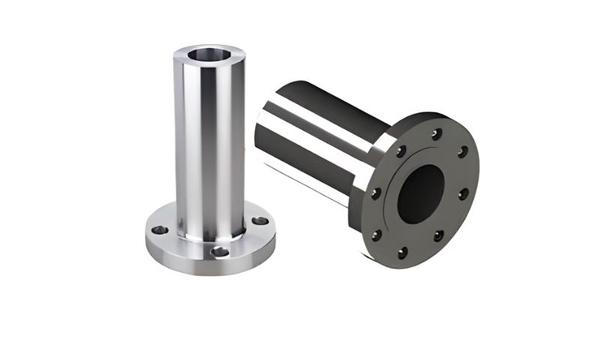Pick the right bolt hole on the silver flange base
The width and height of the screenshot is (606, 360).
pos(259,221)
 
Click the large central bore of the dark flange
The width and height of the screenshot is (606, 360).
pos(419,193)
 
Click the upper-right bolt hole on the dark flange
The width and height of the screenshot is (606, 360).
pos(463,152)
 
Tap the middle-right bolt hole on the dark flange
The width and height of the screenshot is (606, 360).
pos(463,193)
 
